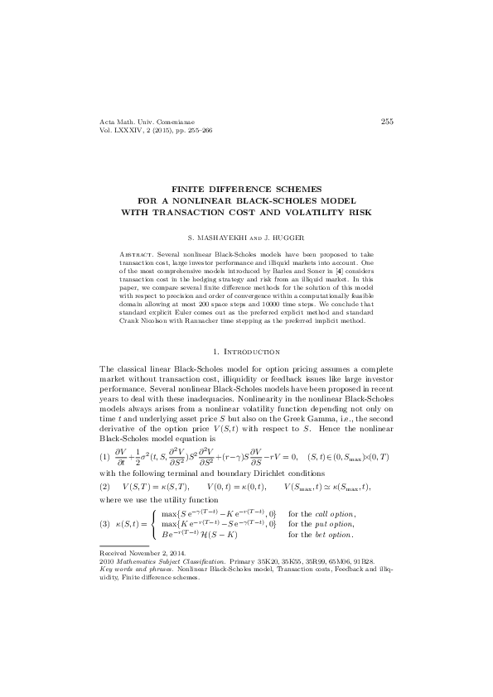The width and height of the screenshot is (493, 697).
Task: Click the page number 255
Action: pyautogui.click(x=386, y=122)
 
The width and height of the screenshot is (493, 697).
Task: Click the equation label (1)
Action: pyautogui.click(x=104, y=457)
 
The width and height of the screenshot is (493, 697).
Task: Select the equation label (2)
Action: pyautogui.click(x=104, y=484)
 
